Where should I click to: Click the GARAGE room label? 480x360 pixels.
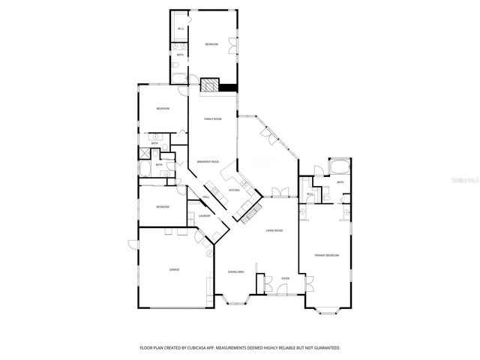coord(174,269)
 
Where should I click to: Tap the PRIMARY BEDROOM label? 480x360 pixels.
coord(327,256)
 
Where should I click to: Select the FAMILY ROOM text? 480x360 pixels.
coord(213,119)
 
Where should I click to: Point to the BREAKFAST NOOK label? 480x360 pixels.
coord(208,162)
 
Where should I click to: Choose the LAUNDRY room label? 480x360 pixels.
coord(204,215)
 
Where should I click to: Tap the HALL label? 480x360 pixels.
coord(205,196)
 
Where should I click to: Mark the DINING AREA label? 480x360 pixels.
coord(236,271)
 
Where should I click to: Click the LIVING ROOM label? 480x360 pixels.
coord(274,230)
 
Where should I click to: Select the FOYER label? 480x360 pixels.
coord(286,278)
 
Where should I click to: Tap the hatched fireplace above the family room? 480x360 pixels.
coord(209,85)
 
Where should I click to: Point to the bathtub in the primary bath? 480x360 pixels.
coord(339,166)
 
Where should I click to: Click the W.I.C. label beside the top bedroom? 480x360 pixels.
coord(181,29)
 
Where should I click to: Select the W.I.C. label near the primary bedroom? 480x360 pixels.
coord(309,194)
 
